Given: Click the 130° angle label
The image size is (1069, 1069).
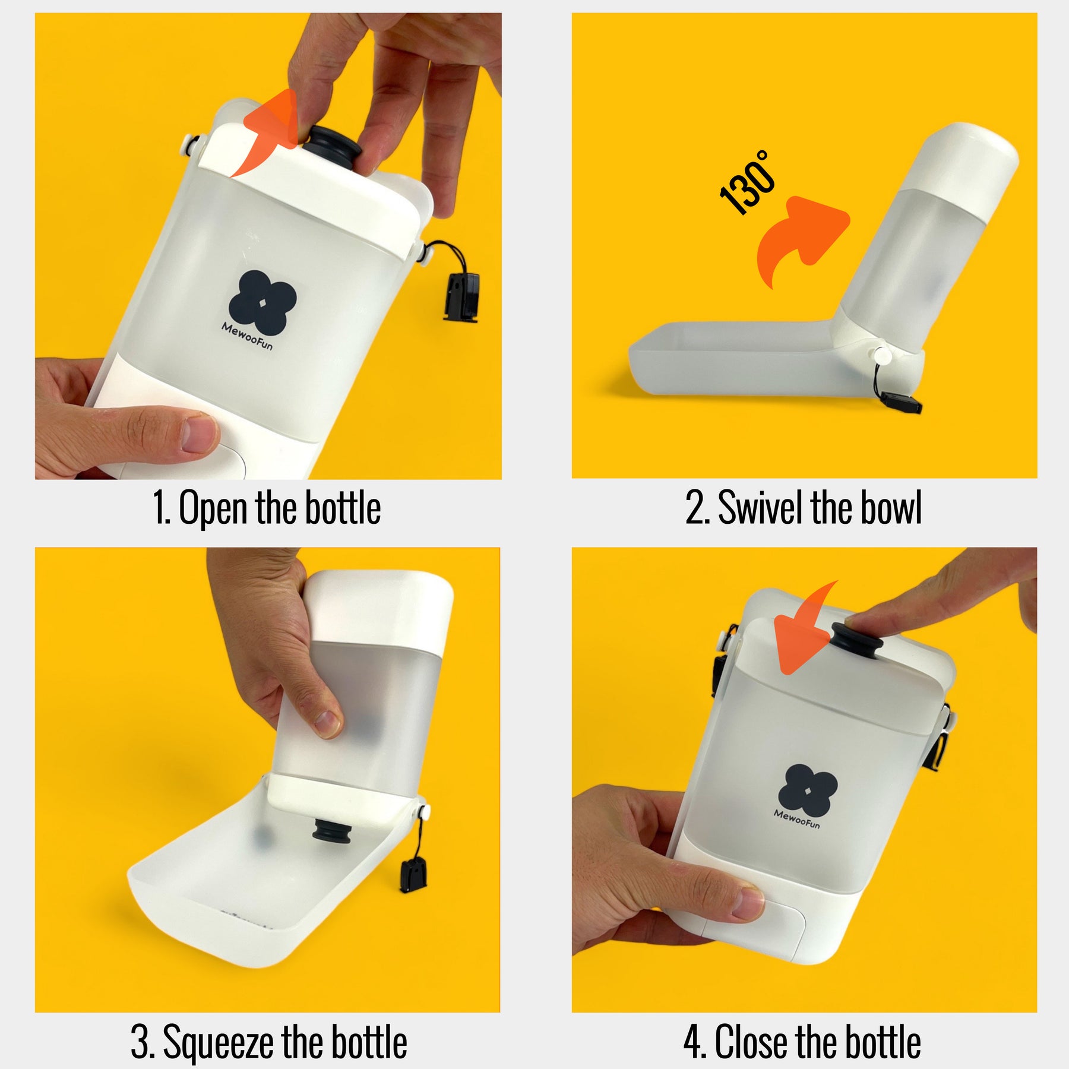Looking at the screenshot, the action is point(747,182).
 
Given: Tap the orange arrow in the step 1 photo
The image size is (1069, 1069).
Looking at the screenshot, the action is point(268,132).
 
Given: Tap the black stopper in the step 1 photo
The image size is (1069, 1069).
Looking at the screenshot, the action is point(331,147).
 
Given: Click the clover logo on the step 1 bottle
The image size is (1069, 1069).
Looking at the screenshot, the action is point(262,302).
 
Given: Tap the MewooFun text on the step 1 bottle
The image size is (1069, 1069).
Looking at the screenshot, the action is point(247,336).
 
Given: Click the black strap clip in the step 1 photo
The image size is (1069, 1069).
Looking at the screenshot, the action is point(462,296).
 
